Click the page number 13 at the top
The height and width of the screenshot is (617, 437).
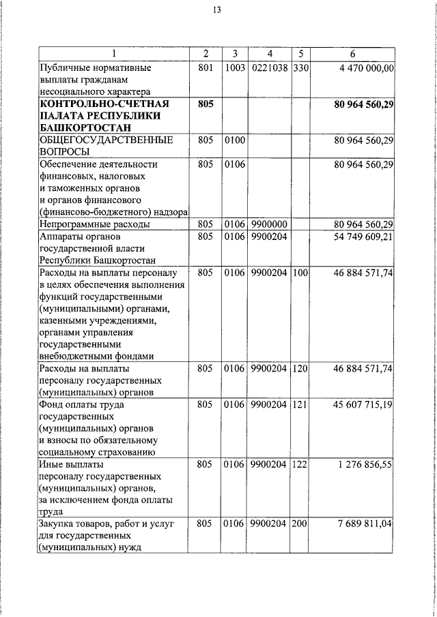[x=216, y=10]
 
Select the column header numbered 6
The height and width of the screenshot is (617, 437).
[x=352, y=55]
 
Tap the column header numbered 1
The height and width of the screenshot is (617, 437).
[x=114, y=55]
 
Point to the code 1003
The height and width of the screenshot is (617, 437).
[x=234, y=68]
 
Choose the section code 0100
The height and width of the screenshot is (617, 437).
[x=234, y=140]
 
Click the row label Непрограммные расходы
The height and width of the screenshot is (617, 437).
[x=94, y=224]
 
